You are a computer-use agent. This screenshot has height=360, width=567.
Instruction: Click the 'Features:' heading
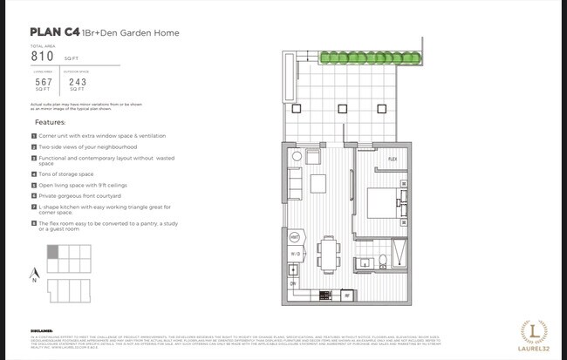click(x=50, y=123)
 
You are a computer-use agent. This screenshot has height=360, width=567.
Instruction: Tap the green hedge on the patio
click(x=370, y=59)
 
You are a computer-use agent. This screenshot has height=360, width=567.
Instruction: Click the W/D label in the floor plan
click(x=296, y=254)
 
